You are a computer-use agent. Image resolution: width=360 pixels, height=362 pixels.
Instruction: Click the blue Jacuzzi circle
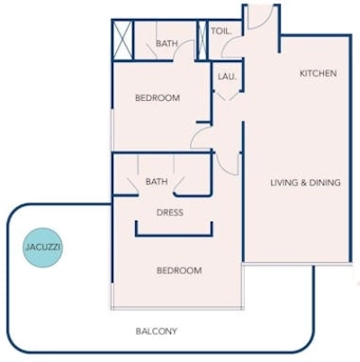(x=43, y=246)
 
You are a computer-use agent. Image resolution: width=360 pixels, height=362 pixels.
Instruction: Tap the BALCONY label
(x=157, y=331)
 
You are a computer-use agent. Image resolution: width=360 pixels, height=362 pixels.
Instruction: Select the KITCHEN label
(x=318, y=73)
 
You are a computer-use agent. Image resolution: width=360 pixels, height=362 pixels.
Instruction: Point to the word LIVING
(x=284, y=183)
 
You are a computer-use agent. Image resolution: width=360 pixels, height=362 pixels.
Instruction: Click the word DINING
(x=325, y=183)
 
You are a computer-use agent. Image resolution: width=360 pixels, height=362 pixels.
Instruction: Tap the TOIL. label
(x=221, y=31)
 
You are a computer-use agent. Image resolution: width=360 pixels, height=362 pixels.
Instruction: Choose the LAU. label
(x=226, y=77)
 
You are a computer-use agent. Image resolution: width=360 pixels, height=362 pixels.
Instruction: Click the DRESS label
(x=170, y=213)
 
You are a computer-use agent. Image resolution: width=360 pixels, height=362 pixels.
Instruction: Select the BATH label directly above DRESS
(x=157, y=182)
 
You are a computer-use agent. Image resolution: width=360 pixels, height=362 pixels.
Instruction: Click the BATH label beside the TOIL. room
(x=166, y=43)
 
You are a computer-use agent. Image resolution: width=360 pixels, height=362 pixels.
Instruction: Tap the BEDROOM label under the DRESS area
(x=180, y=271)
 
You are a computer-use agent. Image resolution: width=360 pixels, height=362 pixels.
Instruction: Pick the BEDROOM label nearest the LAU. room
(x=157, y=98)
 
